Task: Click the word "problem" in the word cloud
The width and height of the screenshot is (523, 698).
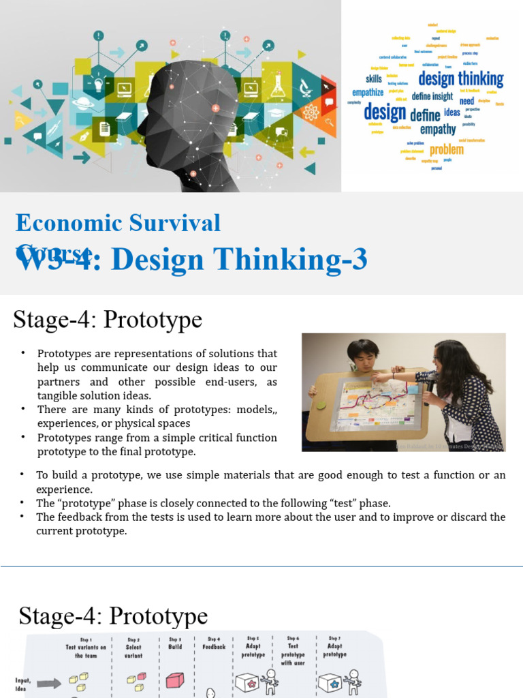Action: click(447, 149)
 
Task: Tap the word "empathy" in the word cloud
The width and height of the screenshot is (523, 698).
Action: click(438, 129)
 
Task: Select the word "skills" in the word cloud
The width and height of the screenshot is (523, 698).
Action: click(374, 79)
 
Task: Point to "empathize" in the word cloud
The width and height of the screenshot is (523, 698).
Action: click(368, 92)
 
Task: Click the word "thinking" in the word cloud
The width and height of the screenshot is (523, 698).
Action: click(481, 78)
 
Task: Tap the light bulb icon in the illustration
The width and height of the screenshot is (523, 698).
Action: click(98, 85)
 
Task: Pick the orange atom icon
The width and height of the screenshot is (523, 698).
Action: click(311, 112)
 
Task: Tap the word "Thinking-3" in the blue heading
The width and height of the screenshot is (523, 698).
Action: click(306, 259)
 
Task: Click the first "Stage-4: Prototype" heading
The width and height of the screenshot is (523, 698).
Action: click(108, 319)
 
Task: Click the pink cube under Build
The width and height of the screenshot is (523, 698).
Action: click(175, 680)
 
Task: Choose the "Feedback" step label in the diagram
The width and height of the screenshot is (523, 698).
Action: click(214, 646)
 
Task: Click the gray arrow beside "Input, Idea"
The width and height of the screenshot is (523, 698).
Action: click(48, 682)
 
